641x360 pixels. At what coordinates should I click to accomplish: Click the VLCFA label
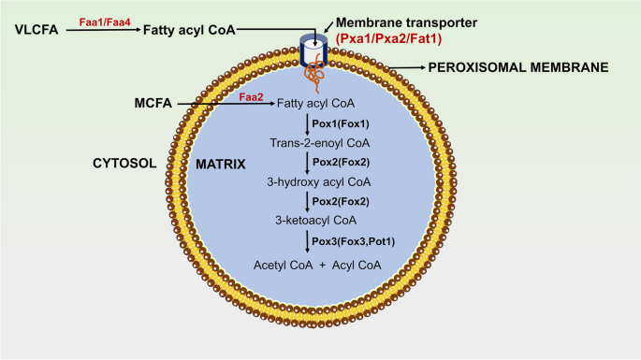tap(36, 30)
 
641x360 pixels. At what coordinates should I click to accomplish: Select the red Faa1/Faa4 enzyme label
tap(105, 22)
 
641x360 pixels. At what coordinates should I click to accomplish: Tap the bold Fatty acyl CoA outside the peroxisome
tap(189, 30)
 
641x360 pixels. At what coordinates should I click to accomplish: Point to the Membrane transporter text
tap(406, 22)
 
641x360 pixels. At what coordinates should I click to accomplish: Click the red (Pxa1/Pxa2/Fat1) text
tap(388, 39)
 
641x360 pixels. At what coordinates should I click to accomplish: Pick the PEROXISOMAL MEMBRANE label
tap(518, 67)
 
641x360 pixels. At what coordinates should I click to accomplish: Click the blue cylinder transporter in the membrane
tap(313, 50)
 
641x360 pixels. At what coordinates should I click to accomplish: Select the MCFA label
tap(153, 103)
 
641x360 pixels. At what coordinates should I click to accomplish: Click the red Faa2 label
tap(251, 97)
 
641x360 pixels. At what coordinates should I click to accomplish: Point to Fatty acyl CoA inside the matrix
tap(315, 104)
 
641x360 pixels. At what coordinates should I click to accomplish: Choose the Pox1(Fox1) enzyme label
tap(341, 123)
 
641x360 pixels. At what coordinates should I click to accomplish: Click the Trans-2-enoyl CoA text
tap(320, 143)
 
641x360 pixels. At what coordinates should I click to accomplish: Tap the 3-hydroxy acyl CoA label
tap(319, 181)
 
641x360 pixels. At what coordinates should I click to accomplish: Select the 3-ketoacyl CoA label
tap(316, 221)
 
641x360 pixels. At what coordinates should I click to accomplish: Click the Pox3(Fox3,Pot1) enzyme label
tap(354, 241)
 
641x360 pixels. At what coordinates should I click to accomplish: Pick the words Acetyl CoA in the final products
tap(283, 266)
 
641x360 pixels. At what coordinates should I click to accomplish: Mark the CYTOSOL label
tap(124, 164)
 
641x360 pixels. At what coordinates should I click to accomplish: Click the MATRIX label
tap(221, 165)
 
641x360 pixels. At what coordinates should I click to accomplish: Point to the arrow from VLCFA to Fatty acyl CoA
tap(104, 30)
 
